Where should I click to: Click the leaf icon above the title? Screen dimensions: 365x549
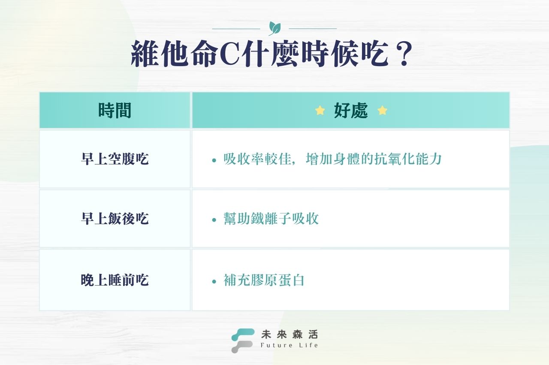pos(274,28)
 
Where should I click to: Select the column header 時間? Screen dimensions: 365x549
pos(115,111)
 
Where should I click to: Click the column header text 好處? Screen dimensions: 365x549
pos(351,111)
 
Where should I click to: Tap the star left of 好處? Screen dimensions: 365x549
pos(320,111)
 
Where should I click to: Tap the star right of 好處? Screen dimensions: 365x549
pos(382,111)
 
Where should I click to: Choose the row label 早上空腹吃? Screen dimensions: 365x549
pos(115,159)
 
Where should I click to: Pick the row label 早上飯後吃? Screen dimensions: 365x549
pos(115,219)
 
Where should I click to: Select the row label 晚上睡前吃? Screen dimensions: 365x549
pos(115,280)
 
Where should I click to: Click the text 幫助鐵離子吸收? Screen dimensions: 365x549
pos(271,219)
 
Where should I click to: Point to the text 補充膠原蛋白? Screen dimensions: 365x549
pos(264,281)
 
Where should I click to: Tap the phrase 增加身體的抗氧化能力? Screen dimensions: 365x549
pos(374,159)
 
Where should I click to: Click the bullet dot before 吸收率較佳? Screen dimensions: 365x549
pos(214,161)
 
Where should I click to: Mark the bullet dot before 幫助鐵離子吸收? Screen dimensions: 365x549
pos(214,220)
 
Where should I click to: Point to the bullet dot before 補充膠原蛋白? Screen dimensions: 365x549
pos(214,282)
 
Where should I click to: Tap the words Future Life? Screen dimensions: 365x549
pos(289,345)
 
